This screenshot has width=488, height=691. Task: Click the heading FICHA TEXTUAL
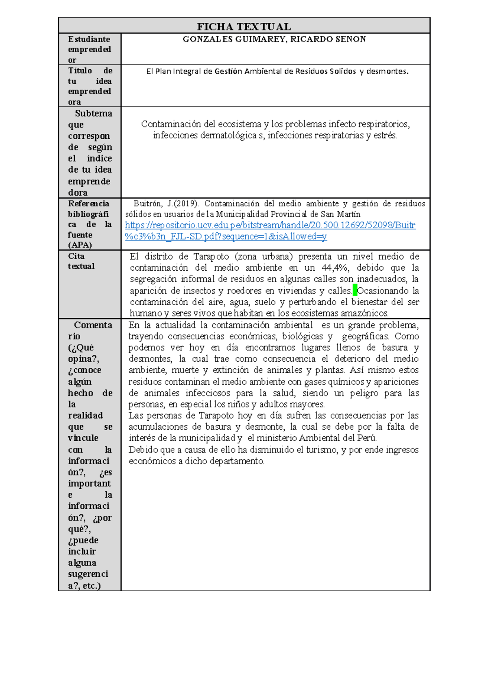click(244, 27)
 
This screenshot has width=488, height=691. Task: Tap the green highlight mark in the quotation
click(355, 291)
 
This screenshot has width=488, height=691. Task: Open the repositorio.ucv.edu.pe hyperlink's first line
click(270, 225)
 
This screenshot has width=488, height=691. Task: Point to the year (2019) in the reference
click(187, 203)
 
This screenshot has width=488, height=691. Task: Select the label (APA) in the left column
click(80, 245)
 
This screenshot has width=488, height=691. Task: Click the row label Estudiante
click(89, 39)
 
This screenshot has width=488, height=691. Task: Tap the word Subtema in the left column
click(93, 114)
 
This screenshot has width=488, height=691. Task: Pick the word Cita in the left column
click(76, 256)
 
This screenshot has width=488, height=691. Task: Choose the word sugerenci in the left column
click(88, 574)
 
